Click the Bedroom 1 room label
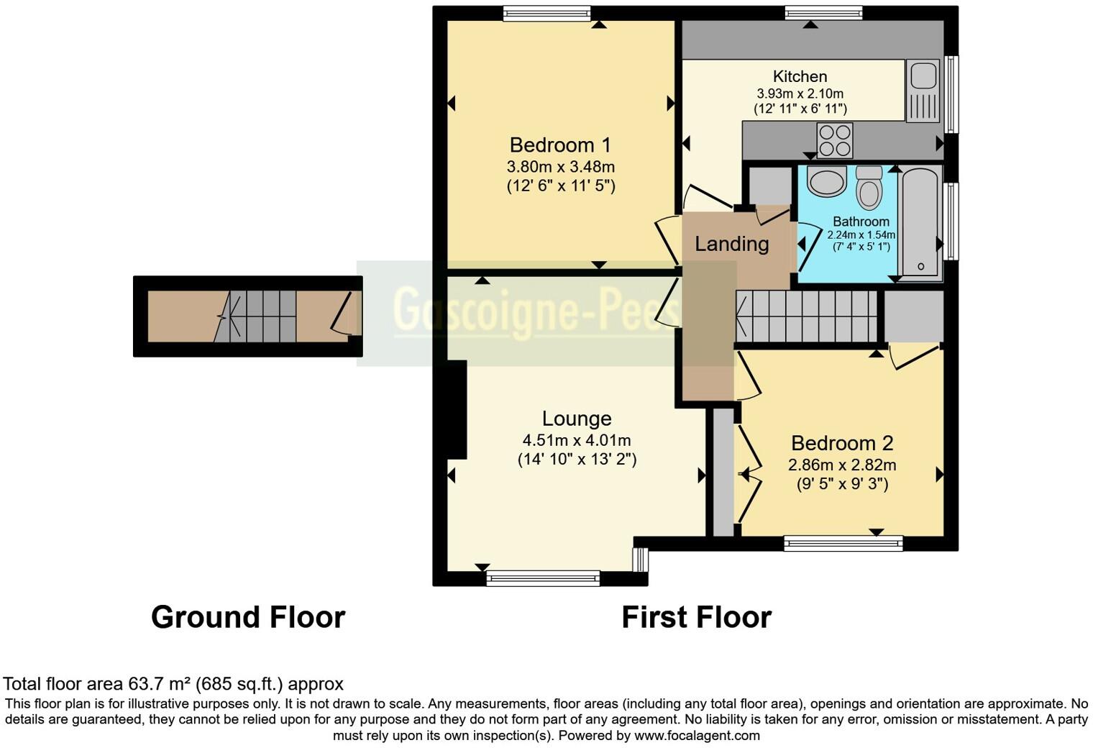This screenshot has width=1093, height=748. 560,145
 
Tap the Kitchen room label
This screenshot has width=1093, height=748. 800,76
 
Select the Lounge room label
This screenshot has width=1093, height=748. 577,419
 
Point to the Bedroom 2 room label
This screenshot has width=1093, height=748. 842,443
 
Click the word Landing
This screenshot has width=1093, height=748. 731,244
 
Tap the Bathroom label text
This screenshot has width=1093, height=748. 861,222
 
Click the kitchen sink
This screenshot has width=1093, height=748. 922,90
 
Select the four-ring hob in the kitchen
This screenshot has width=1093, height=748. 834,140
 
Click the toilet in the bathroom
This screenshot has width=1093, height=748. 869,188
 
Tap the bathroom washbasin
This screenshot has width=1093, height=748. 826,182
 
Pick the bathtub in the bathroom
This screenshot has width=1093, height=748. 920,222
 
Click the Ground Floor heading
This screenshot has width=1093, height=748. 248,617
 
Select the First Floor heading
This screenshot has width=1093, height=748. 696,617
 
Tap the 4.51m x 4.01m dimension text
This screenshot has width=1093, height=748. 577,440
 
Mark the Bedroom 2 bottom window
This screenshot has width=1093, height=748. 843,544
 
